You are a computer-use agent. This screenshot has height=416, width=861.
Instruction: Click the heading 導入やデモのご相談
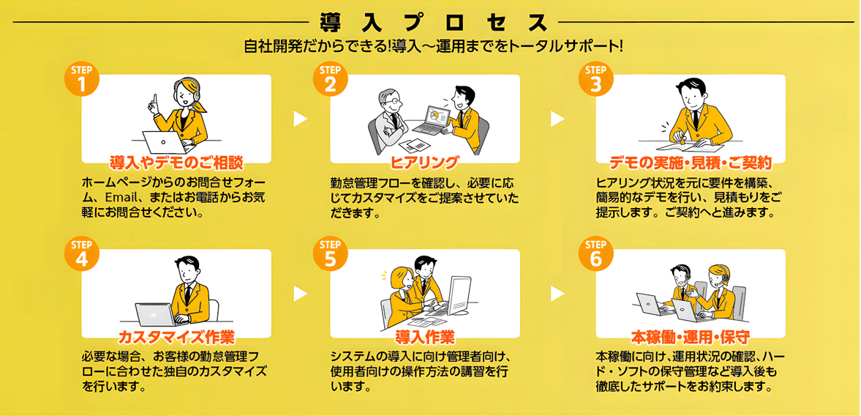click(176, 162)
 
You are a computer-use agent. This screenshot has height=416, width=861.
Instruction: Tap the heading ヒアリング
click(424, 162)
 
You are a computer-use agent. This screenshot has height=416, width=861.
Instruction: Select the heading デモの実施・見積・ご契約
click(690, 162)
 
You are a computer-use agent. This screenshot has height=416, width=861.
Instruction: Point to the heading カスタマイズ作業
click(176, 338)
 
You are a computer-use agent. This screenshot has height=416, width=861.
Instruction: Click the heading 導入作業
click(424, 338)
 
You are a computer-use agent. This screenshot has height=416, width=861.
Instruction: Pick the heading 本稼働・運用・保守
click(690, 338)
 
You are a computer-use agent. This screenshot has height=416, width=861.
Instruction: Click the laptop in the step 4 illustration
click(155, 314)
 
